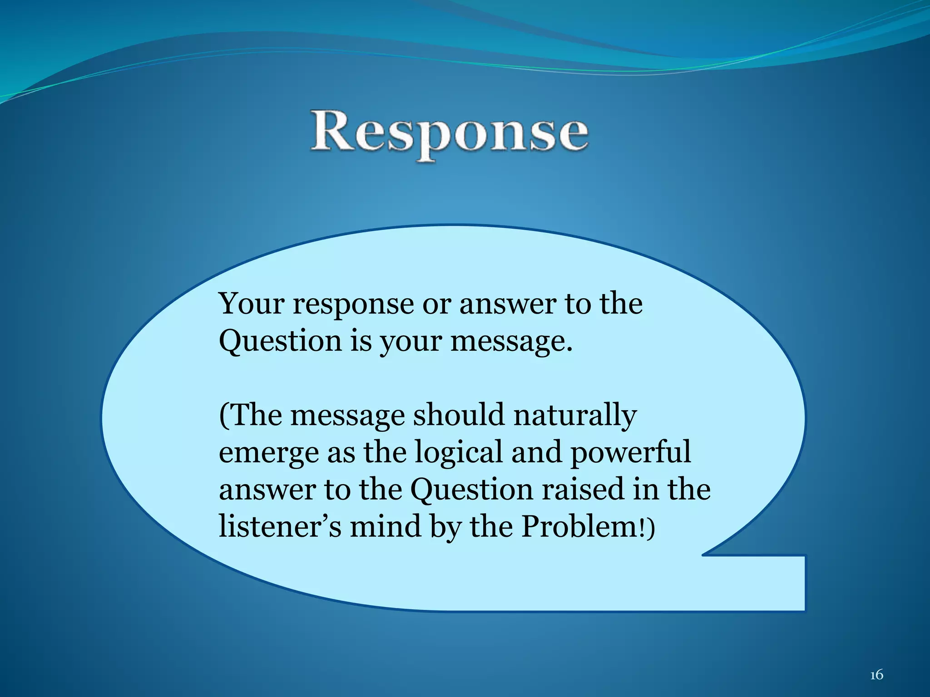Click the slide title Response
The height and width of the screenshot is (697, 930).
point(450,133)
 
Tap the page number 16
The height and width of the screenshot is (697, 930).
point(876,675)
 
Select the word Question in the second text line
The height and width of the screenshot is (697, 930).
point(280,341)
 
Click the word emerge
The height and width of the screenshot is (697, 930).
point(268,453)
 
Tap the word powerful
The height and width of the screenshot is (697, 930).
point(631,453)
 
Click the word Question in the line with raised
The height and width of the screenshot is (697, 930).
point(471,490)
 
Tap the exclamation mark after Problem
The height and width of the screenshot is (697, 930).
point(642,527)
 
